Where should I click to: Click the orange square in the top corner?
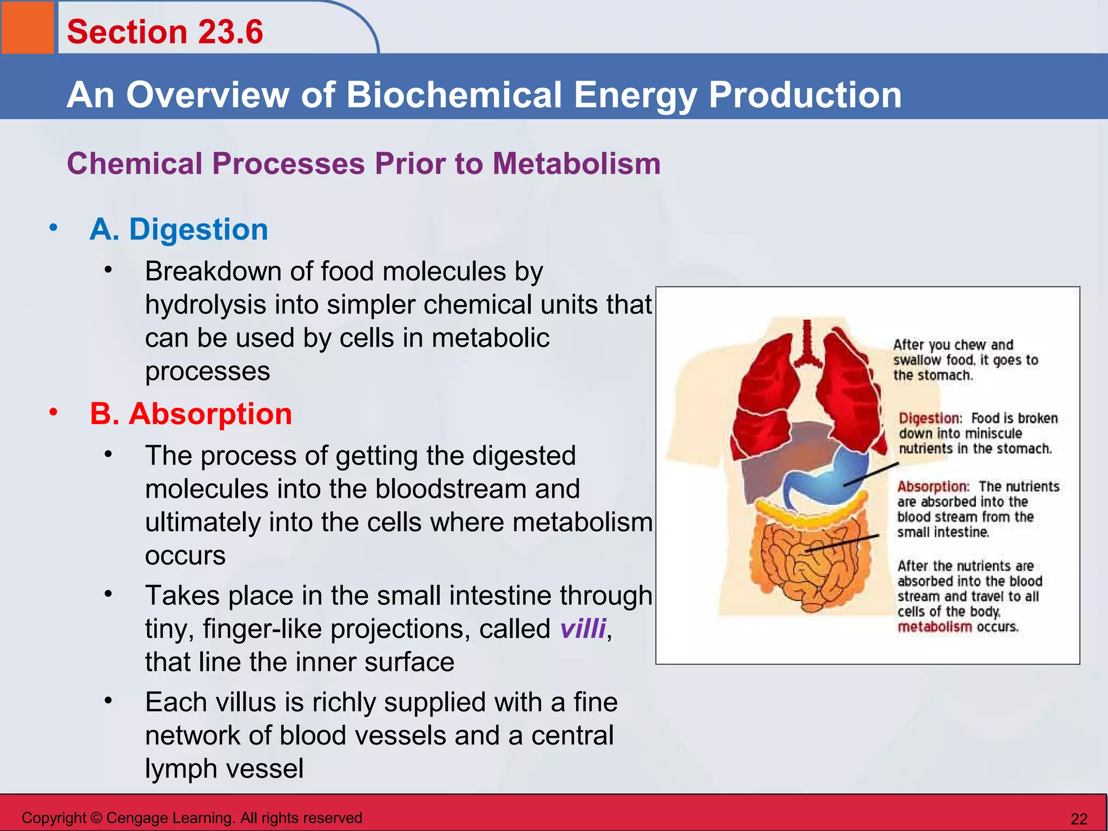(27, 27)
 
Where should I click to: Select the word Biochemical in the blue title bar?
(454, 95)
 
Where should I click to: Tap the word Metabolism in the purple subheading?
(576, 163)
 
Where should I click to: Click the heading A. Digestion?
(179, 229)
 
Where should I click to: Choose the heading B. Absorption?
(190, 414)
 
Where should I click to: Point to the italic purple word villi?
(583, 629)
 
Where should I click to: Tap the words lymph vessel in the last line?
(224, 768)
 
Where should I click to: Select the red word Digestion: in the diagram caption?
(930, 418)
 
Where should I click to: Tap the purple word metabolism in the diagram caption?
(934, 627)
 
